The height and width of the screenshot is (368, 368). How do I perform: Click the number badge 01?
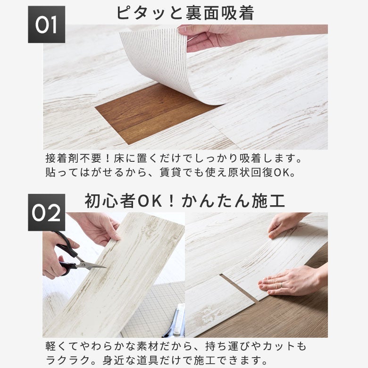point(46,25)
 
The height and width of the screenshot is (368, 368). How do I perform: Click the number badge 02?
point(46,212)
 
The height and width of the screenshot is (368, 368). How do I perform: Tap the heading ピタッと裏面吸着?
point(185,13)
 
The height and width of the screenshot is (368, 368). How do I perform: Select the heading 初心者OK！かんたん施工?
point(185,201)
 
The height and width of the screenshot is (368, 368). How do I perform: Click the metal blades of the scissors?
point(91,265)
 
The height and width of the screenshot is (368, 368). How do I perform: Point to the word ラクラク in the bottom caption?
point(67,360)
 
